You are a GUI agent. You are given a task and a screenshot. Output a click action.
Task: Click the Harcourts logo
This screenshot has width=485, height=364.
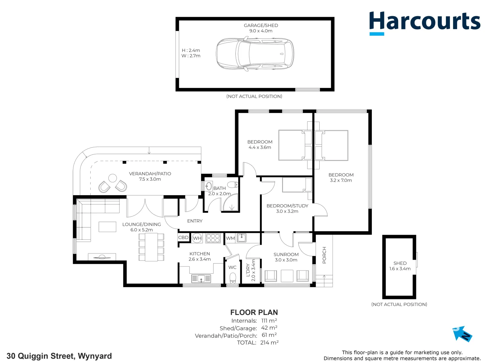pyautogui.click(x=424, y=22)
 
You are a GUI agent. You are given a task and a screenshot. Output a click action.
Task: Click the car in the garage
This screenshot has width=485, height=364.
pyautogui.click(x=255, y=54)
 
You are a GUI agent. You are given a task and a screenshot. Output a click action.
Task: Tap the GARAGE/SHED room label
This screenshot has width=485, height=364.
pyautogui.click(x=261, y=26)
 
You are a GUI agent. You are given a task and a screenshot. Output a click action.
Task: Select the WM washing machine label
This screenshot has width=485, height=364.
pyautogui.click(x=230, y=238)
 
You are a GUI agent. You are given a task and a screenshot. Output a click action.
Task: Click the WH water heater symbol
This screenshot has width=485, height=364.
pyautogui.click(x=197, y=238)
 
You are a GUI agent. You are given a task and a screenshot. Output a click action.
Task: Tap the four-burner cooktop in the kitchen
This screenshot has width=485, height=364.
pyautogui.click(x=213, y=238)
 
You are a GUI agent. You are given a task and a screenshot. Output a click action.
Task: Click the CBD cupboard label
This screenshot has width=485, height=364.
pyautogui.click(x=183, y=238)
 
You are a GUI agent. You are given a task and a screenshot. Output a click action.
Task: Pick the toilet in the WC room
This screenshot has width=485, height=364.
pyautogui.click(x=232, y=278)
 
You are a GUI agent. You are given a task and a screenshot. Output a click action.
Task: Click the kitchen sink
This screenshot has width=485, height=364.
pyautogui.click(x=201, y=278)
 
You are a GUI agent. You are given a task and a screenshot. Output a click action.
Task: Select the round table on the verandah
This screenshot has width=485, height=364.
pyautogui.click(x=112, y=178)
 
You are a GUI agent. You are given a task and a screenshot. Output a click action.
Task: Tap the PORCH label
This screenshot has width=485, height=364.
pyautogui.click(x=324, y=255)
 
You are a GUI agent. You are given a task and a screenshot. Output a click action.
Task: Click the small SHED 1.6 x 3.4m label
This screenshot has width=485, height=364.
pyautogui.click(x=400, y=266)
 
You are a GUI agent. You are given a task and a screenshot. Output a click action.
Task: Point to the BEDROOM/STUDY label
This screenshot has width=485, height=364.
pyautogui.click(x=287, y=206)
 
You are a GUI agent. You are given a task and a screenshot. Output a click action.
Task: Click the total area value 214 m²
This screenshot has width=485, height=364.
pyautogui.click(x=269, y=343)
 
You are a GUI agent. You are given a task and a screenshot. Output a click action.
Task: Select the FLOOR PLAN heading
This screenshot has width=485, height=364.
pyautogui.click(x=254, y=312)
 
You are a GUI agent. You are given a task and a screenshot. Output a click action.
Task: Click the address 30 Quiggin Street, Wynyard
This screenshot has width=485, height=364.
pyautogui.click(x=59, y=356)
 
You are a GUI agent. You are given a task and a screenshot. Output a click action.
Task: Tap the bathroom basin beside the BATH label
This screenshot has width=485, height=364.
pyautogui.click(x=208, y=186)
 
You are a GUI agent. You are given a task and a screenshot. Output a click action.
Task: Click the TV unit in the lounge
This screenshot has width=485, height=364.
pyautogui.click(x=102, y=257)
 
